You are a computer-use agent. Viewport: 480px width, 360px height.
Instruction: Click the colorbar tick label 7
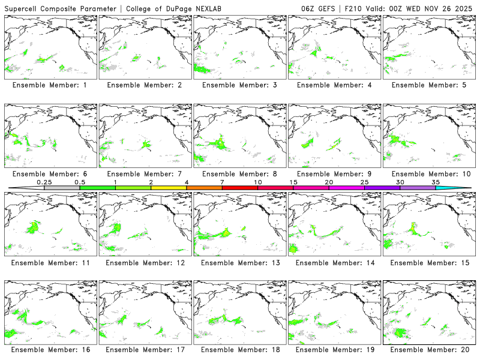tap(222, 182)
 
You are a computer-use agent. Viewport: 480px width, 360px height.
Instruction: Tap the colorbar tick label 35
tap(436, 182)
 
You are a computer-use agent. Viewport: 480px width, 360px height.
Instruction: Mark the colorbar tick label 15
tap(293, 182)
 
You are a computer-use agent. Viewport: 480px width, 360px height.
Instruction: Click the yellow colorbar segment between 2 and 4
tap(169, 188)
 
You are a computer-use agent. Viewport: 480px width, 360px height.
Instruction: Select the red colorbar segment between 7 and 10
tap(240, 188)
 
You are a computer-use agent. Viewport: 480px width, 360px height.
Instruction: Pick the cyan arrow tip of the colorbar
tap(462, 188)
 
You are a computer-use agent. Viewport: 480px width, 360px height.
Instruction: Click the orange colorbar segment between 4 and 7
tap(204, 188)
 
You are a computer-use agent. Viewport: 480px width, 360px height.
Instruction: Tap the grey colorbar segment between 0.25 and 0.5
tap(62, 188)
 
